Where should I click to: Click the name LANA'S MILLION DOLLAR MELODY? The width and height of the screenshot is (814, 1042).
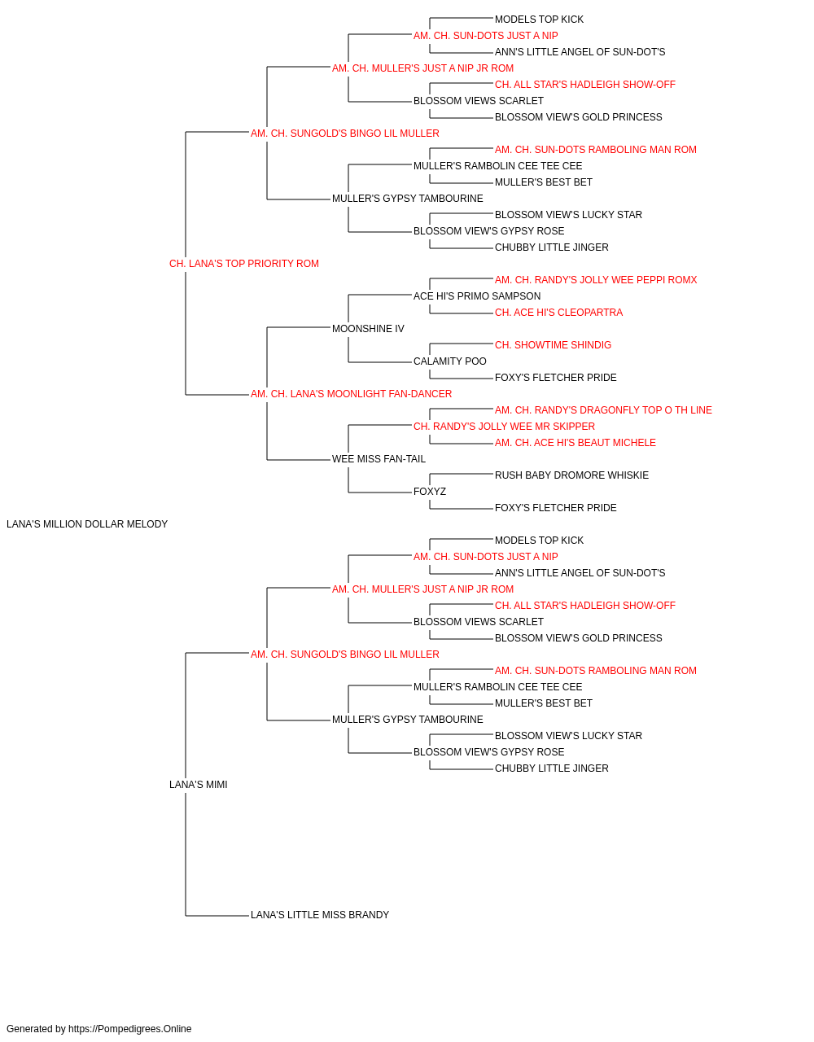pos(87,524)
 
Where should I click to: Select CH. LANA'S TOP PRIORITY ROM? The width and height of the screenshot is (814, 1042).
pos(244,264)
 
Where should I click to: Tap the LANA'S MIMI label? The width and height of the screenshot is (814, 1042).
pos(199,785)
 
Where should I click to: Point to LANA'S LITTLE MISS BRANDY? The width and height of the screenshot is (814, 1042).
pos(320,915)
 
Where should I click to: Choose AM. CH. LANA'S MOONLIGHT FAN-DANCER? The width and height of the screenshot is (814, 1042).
pos(352,394)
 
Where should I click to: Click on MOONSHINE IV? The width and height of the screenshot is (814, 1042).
pos(368,329)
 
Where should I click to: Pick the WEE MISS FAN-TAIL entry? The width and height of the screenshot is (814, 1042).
pos(379,459)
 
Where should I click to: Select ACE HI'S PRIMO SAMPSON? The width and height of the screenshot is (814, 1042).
pos(477,296)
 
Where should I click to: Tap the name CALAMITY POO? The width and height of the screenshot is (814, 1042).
pos(449,361)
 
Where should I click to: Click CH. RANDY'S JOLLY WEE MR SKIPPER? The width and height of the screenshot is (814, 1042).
pos(505,427)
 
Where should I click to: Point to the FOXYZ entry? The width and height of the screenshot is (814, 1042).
pos(430,492)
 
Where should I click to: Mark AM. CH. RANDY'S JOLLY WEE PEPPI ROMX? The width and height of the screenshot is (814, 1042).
pos(596,280)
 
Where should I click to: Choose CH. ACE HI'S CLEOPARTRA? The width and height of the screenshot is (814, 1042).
pos(559,313)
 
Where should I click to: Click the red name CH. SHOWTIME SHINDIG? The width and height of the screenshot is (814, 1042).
pos(554,345)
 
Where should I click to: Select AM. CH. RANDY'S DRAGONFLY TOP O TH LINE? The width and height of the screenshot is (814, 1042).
pos(603,410)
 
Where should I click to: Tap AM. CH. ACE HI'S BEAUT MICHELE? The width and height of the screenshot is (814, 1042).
pos(575,443)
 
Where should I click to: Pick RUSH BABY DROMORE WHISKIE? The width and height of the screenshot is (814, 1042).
pos(572,475)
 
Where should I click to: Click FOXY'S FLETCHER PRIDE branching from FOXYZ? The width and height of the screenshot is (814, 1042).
pos(556,508)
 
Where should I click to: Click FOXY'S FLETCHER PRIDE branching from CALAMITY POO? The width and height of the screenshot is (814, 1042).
pos(556,378)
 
